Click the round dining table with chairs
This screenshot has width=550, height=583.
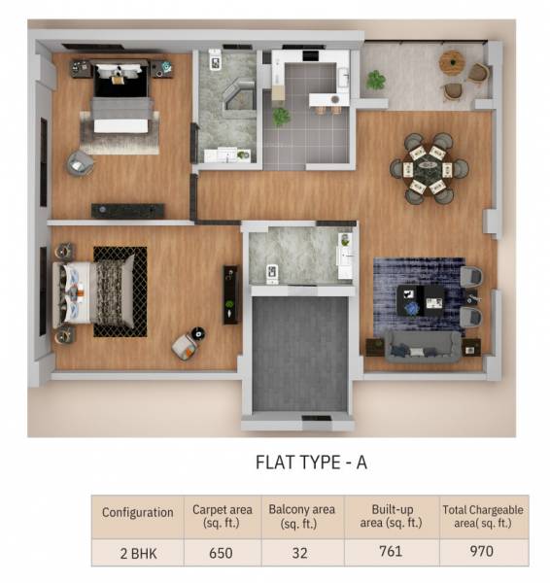429,168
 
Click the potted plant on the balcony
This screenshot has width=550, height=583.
376,80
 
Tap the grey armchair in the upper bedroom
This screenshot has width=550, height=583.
80,163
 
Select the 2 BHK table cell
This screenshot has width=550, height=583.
137,551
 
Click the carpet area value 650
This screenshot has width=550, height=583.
223,551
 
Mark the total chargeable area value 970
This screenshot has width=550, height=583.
481,551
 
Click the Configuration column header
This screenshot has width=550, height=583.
137,512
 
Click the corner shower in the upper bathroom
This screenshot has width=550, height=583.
237,96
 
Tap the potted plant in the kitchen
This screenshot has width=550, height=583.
282,117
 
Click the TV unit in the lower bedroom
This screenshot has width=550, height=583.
231,293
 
